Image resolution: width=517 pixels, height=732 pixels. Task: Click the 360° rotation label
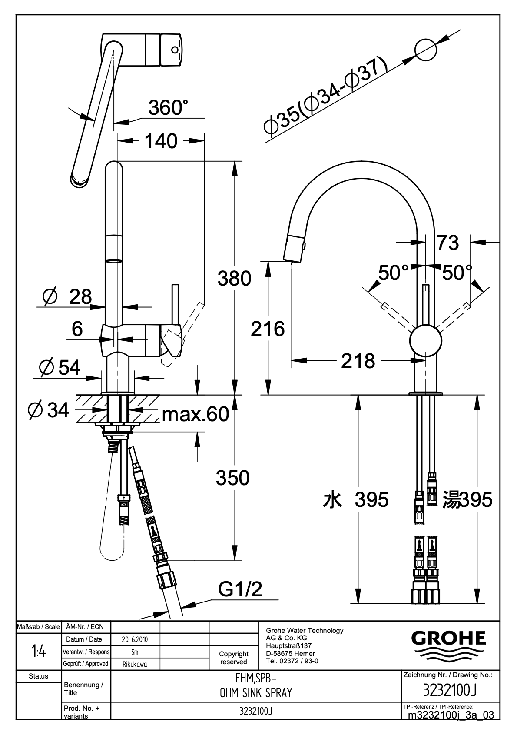coord(169,107)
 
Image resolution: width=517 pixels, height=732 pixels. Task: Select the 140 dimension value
coord(161,141)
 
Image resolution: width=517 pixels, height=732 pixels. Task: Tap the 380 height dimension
coord(235,279)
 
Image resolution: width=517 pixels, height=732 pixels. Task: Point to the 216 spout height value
coord(268,329)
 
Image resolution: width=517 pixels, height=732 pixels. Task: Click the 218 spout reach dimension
coord(358,361)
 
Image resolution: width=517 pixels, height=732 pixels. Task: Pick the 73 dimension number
coord(448,243)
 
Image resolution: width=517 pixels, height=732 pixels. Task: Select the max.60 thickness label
coord(196,414)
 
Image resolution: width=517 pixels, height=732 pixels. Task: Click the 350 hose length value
coord(232,478)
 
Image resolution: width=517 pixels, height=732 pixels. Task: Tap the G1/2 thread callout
coord(240,589)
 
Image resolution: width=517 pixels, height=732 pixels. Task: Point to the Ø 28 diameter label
coord(67,297)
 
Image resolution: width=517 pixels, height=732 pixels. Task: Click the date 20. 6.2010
coord(135,639)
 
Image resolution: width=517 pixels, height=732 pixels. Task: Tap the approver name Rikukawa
coord(135,664)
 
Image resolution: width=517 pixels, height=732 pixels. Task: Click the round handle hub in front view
coord(426,341)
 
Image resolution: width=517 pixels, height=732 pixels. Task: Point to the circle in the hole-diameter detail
coord(426,50)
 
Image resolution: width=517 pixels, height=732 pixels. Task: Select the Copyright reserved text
coord(233,658)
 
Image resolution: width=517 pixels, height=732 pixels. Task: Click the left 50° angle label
coord(393,273)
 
